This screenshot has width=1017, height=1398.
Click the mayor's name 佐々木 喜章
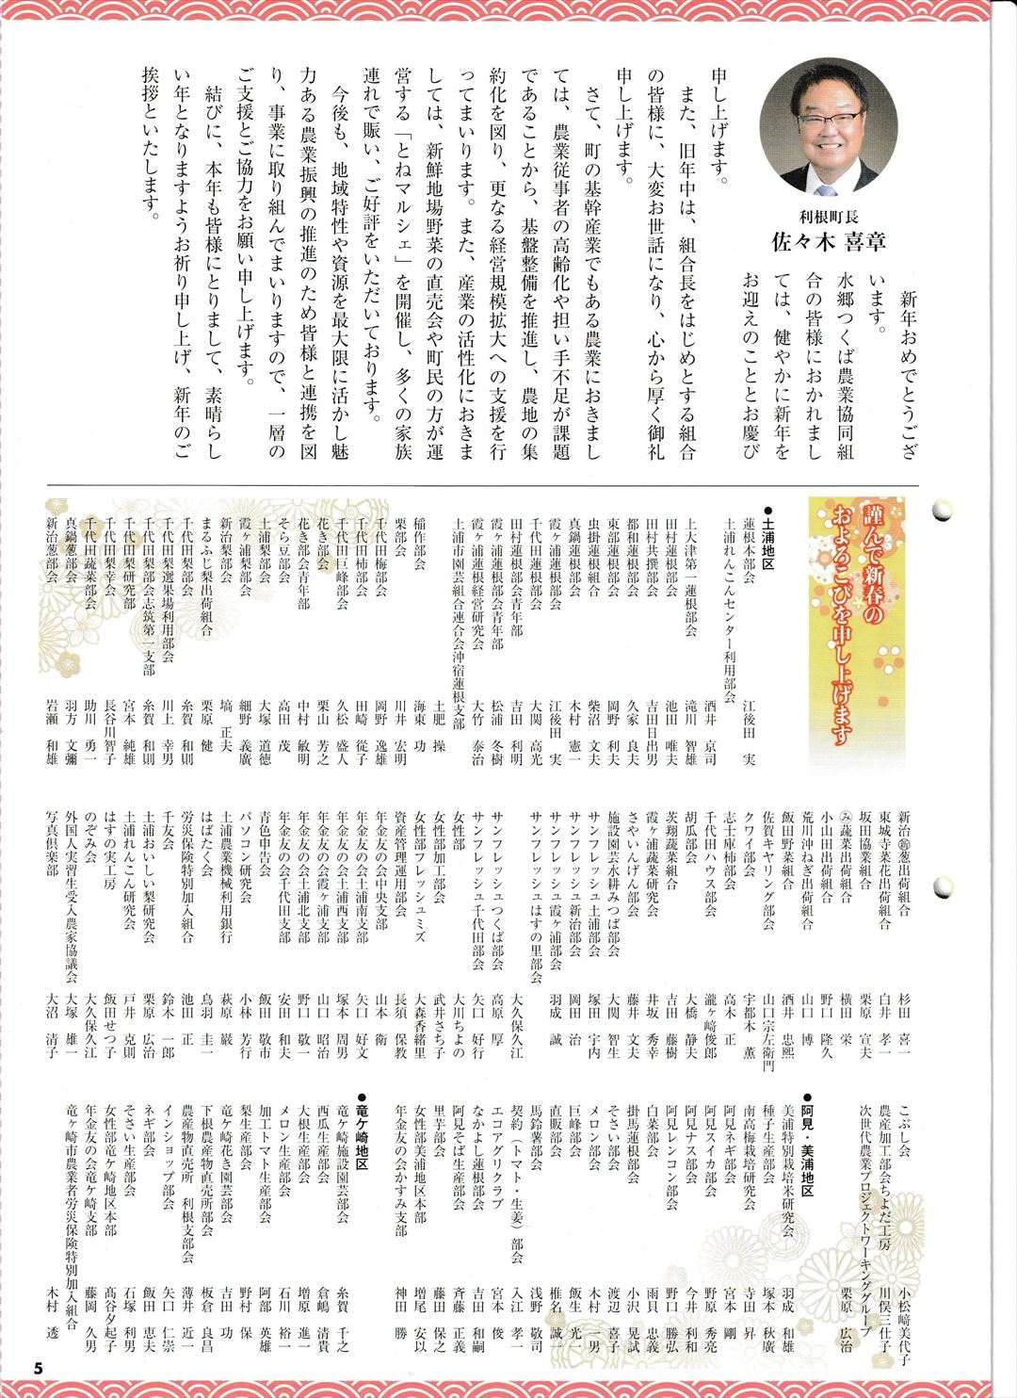click(x=828, y=241)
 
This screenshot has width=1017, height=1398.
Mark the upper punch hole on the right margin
click(x=942, y=511)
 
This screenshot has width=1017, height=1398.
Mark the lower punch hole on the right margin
click(x=942, y=886)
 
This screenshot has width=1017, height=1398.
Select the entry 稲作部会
click(x=420, y=547)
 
